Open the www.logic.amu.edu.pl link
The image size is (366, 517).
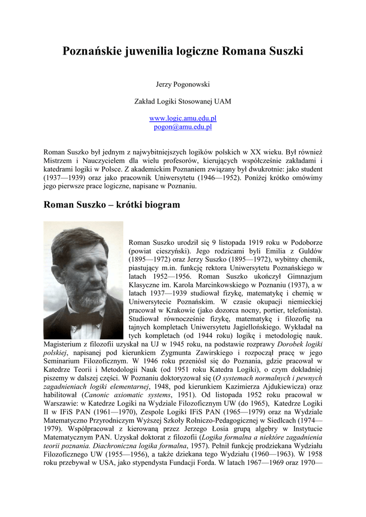pos(182,118)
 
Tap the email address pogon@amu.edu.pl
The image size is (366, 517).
pos(182,127)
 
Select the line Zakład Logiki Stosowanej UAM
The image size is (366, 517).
pos(182,101)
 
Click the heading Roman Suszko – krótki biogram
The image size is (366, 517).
pos(112,205)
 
